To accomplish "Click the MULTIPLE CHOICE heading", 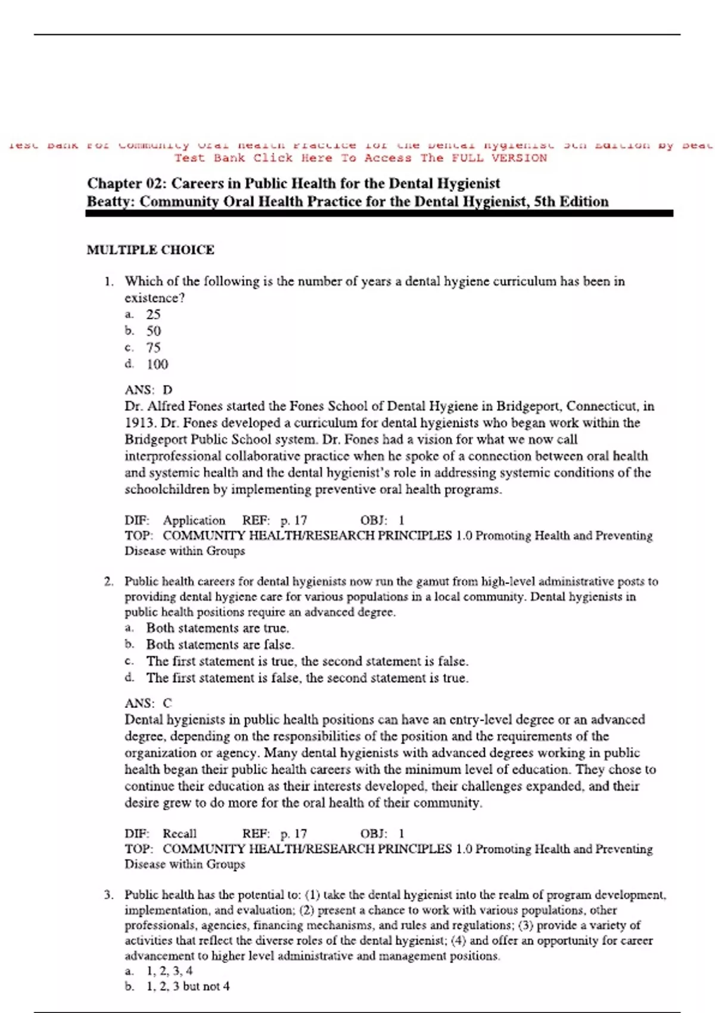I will (x=150, y=250).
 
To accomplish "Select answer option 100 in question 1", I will (x=157, y=364).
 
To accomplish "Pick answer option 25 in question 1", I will (x=153, y=314).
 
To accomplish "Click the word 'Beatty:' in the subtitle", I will (x=111, y=201).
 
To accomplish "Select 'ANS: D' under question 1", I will (x=148, y=390).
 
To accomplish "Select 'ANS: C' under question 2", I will (x=148, y=703).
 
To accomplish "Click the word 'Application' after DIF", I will (x=194, y=520).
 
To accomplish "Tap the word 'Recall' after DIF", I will (x=179, y=834).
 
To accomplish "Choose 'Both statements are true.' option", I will (x=217, y=628).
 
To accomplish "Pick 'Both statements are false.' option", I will (x=220, y=645).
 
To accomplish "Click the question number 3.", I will (x=108, y=895).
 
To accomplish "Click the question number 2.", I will (x=108, y=582).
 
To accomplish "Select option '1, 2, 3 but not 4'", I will (x=188, y=986).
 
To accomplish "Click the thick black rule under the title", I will (x=379, y=213).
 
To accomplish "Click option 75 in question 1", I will (x=153, y=347).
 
